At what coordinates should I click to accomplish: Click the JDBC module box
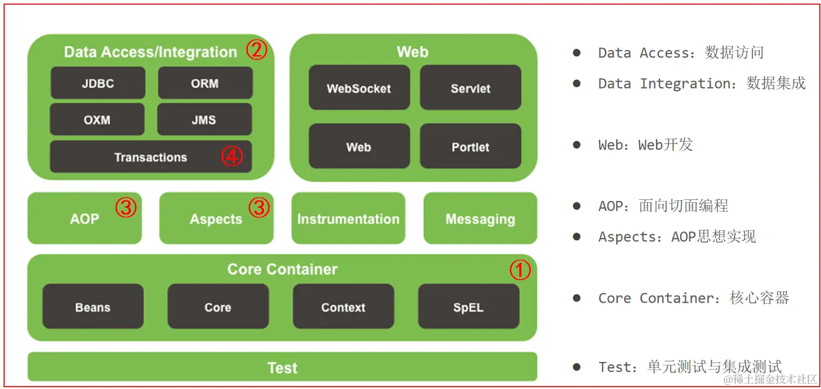tap(97, 83)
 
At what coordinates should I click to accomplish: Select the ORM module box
tap(205, 83)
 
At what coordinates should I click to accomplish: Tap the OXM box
tap(97, 120)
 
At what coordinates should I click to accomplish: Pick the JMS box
tap(204, 120)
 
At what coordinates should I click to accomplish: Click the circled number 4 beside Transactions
tap(232, 157)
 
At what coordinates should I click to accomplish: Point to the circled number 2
tap(256, 51)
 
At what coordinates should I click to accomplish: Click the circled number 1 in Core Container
tap(520, 270)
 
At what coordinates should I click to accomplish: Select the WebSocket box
tap(359, 88)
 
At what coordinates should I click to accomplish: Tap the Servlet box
tap(470, 88)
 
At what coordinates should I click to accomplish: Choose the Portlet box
tap(470, 146)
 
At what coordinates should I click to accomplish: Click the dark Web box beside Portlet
tap(359, 146)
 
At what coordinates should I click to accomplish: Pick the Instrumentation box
tap(348, 219)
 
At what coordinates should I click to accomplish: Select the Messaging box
tap(480, 219)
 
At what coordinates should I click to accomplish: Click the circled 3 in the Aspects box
tap(259, 208)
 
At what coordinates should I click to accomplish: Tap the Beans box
tap(93, 307)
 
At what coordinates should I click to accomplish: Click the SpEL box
tap(468, 307)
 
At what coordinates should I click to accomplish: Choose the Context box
tap(343, 307)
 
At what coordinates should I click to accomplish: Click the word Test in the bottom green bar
tap(282, 368)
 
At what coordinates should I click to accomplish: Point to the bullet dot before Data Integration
tap(577, 83)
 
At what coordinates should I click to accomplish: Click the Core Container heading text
tap(282, 269)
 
